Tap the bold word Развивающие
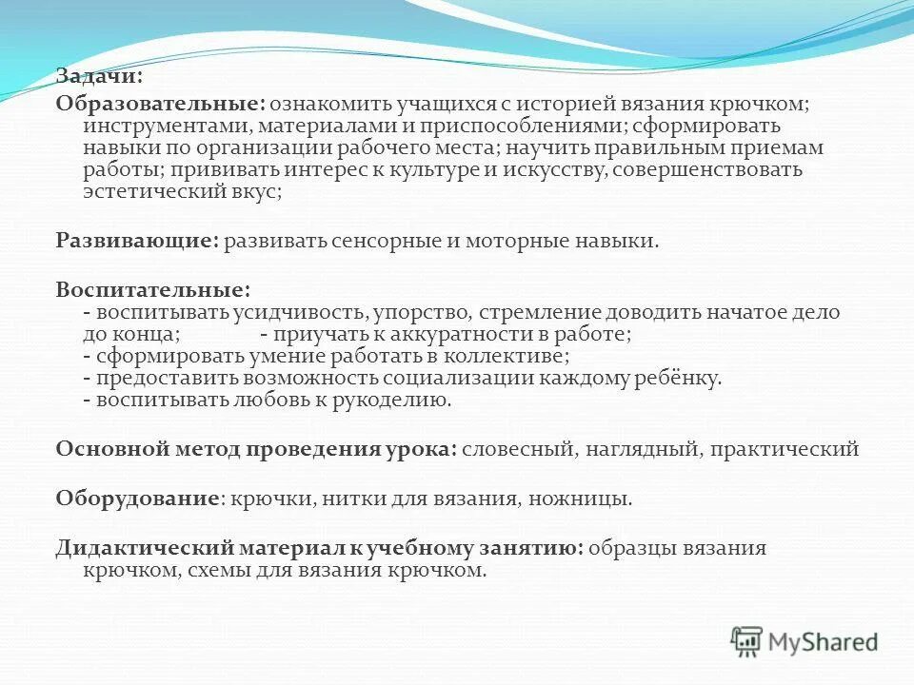click(137, 242)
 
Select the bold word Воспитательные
click(152, 288)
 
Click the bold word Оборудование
click(137, 498)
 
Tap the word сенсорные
click(377, 242)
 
